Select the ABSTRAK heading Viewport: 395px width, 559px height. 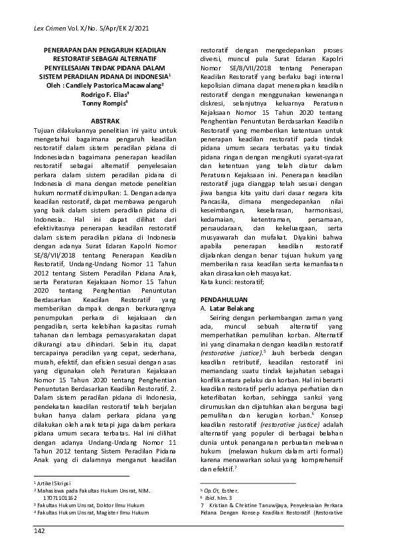tap(105, 123)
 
